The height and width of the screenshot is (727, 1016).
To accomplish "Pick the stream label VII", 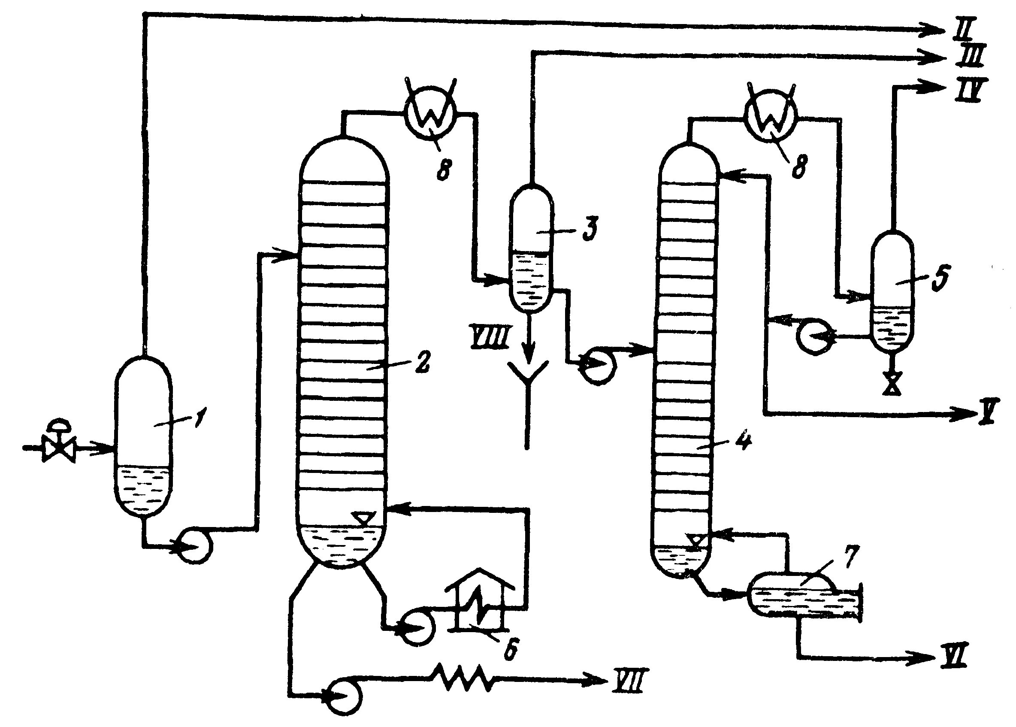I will tap(627, 682).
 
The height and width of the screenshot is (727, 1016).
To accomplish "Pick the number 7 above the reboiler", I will tap(850, 557).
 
